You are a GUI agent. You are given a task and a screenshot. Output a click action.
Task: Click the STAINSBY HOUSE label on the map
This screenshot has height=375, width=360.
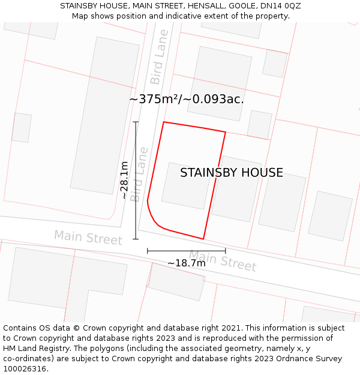(x=232, y=173)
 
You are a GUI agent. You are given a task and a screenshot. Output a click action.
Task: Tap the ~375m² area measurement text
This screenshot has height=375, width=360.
(x=187, y=100)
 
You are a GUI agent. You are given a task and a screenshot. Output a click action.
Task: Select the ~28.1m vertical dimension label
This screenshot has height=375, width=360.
(x=124, y=180)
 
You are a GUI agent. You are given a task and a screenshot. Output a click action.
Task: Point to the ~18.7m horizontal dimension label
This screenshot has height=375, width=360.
(x=187, y=263)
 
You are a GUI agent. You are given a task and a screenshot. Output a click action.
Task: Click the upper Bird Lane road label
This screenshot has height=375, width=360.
(x=159, y=65)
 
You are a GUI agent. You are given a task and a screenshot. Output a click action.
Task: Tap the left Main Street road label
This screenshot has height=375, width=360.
(x=88, y=238)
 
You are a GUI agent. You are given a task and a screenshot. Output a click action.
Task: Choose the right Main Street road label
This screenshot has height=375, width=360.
(x=223, y=260)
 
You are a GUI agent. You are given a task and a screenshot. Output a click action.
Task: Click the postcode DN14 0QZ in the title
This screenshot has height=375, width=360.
(x=280, y=6)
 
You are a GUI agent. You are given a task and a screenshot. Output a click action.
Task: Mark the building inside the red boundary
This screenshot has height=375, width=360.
(x=185, y=185)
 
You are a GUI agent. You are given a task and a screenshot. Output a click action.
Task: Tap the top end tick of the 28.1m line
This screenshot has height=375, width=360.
(x=136, y=122)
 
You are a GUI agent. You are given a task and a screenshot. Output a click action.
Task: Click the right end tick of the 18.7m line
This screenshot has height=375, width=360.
(x=226, y=251)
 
